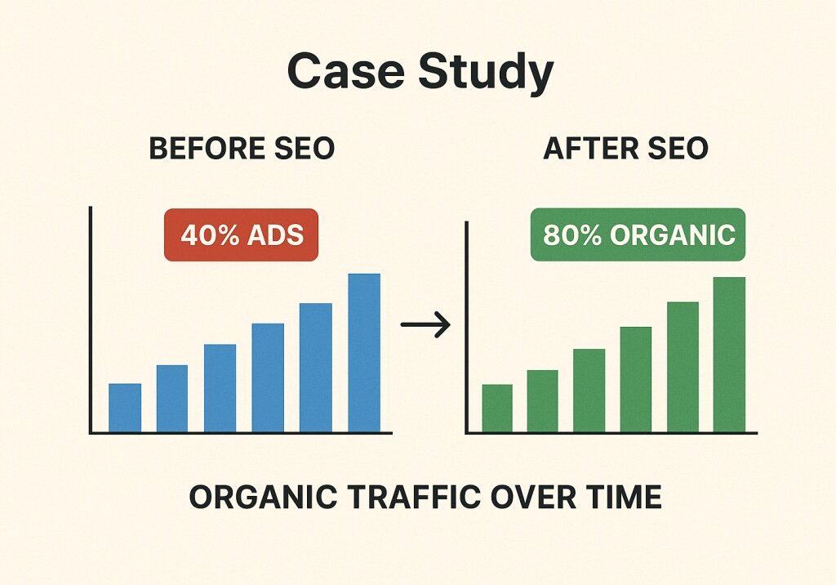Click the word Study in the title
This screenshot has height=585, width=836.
tap(486, 74)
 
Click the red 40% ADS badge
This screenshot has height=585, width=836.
tap(241, 234)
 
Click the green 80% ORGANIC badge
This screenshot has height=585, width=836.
tap(638, 234)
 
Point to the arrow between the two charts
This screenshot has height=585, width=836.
tap(425, 324)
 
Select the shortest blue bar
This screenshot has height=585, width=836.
tap(125, 408)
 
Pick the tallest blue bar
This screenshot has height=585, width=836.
tap(364, 353)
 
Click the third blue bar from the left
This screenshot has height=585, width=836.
tap(220, 388)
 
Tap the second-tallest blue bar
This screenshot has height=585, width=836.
tap(316, 368)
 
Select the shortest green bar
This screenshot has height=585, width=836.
tap(497, 409)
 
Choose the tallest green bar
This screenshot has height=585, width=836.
tap(729, 355)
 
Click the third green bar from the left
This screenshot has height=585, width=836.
tap(589, 391)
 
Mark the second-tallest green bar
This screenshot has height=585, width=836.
tap(683, 367)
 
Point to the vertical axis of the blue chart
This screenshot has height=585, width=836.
tap(91, 320)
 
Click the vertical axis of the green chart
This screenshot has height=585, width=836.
tap(466, 328)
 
